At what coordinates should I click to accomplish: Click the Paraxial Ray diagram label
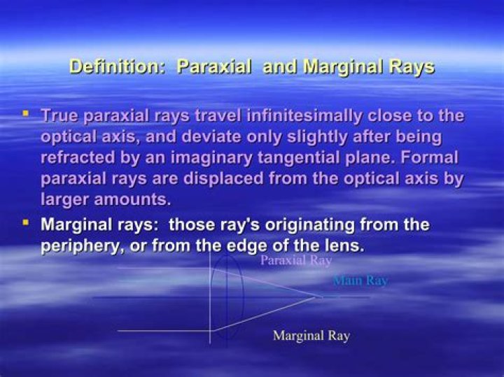point(295,260)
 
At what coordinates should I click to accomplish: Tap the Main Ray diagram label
point(360,280)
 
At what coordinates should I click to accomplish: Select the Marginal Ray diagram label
point(311,336)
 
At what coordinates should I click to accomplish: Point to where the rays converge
point(321,297)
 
